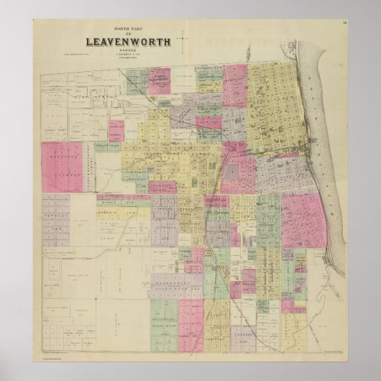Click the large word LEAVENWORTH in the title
click(128, 42)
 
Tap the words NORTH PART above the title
click(128, 29)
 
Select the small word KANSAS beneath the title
click(128, 50)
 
